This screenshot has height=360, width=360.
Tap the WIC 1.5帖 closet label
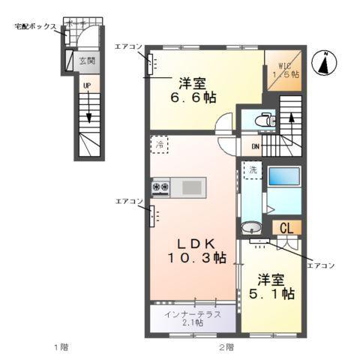point(285,70)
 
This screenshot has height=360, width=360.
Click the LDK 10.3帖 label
point(197,250)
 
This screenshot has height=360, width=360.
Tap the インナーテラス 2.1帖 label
point(193,318)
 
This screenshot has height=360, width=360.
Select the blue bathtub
point(283,178)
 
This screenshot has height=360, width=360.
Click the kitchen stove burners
point(161,186)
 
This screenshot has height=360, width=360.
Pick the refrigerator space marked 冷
point(159,145)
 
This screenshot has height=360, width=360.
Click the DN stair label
point(255,146)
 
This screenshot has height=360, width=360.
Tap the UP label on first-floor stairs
point(86,86)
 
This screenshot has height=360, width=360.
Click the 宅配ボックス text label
point(35,26)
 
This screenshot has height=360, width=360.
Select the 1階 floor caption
point(61,346)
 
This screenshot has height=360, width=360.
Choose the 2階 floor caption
point(226,346)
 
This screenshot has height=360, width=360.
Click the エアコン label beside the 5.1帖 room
point(322,265)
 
